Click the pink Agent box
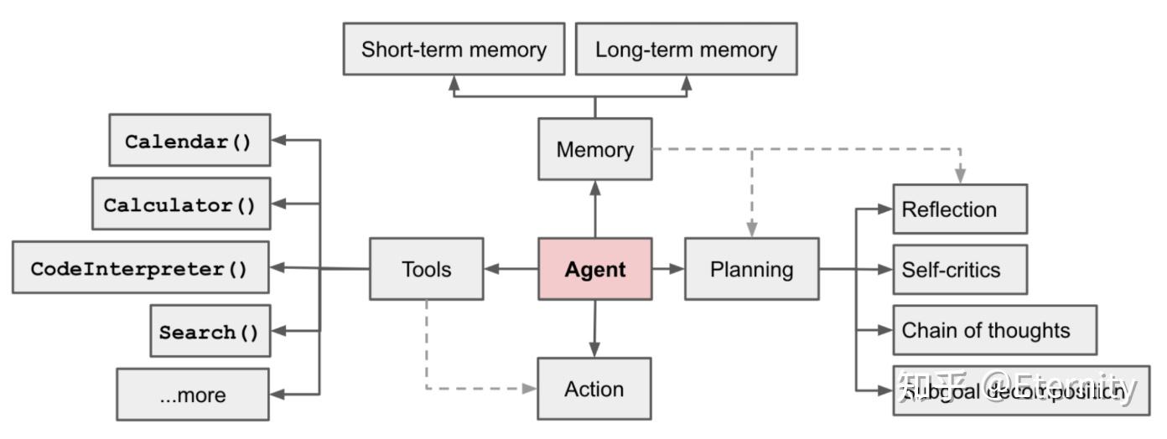click(x=594, y=269)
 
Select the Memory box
click(x=594, y=149)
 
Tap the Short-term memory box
click(x=454, y=49)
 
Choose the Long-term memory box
click(x=686, y=49)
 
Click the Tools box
click(x=426, y=269)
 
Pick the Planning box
click(x=751, y=269)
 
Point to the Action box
click(x=594, y=389)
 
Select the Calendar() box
click(x=189, y=141)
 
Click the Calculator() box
click(x=181, y=204)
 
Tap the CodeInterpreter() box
click(x=140, y=268)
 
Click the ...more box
click(x=193, y=395)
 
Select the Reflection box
click(x=959, y=209)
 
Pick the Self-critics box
click(x=959, y=270)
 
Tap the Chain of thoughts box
click(x=994, y=330)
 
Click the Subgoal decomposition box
click(x=1020, y=390)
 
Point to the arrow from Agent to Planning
click(x=668, y=269)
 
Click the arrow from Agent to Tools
click(x=511, y=269)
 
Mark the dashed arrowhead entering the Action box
click(x=529, y=389)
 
